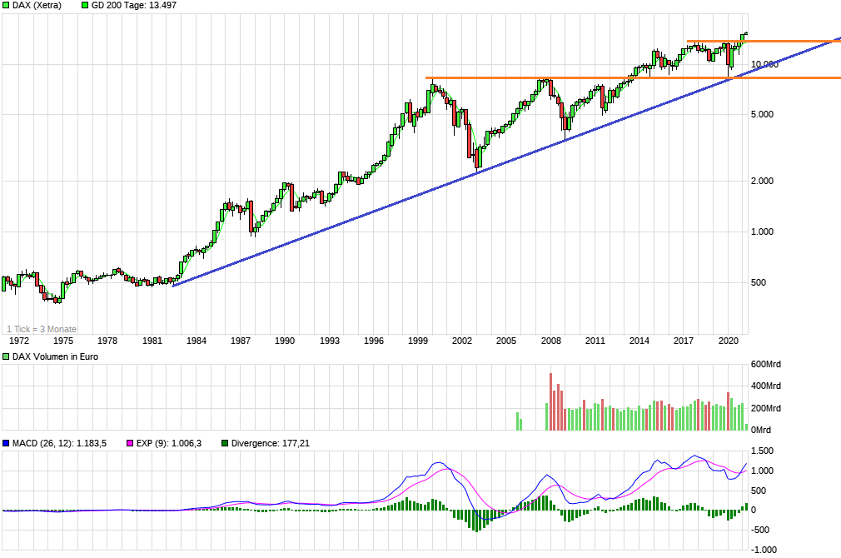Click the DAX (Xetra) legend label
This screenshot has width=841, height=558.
[x=36, y=5]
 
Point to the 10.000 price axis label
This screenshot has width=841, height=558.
[x=764, y=64]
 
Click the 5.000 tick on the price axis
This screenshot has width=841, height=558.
[x=764, y=114]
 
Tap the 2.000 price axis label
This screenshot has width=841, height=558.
[x=764, y=181]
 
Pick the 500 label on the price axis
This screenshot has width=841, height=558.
[x=758, y=282]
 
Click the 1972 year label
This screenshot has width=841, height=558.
[x=19, y=341]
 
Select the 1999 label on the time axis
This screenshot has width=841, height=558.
[x=418, y=341]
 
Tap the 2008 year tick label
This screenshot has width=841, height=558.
[x=550, y=341]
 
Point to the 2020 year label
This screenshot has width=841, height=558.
[x=728, y=341]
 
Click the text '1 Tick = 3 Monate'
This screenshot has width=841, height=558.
[x=42, y=328]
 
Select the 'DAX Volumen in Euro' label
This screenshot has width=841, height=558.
[x=51, y=357]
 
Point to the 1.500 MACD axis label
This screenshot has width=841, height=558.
[x=764, y=451]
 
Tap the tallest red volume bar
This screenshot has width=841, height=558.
[x=551, y=401]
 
